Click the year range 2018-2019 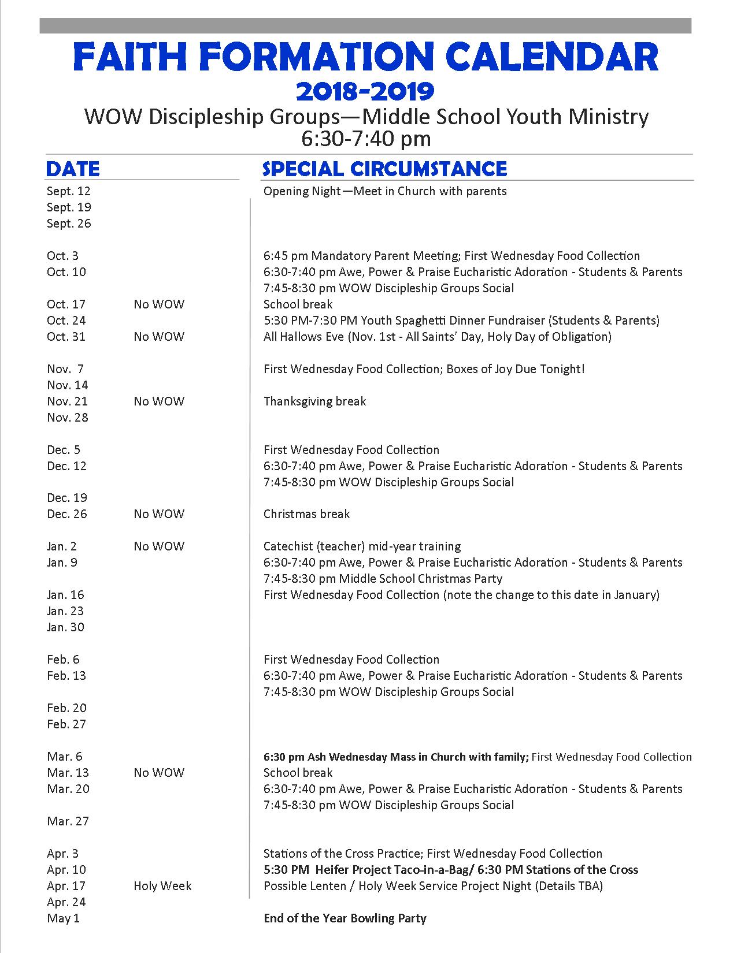tap(365, 91)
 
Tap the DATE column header tap(73, 169)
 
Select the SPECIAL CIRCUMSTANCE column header tap(384, 169)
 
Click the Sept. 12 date tap(69, 191)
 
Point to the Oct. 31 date tap(66, 337)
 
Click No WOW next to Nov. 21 tap(159, 401)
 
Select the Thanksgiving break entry tap(314, 401)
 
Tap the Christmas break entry tap(306, 514)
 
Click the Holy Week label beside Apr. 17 tap(162, 886)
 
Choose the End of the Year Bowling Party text tap(345, 918)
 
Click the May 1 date tap(63, 918)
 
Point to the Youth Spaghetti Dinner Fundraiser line tap(461, 321)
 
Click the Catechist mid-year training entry tap(362, 546)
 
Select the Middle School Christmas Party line tap(383, 579)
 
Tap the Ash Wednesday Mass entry tap(396, 757)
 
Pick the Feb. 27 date tap(66, 724)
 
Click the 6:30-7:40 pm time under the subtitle tap(366, 139)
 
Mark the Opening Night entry tap(384, 191)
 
